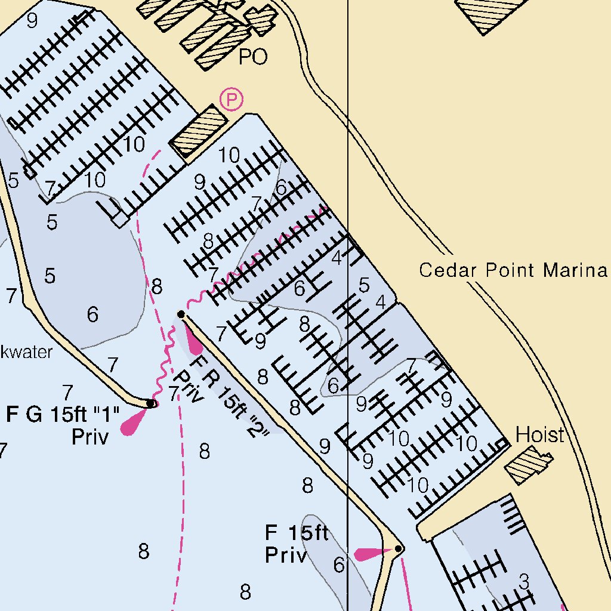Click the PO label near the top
253,57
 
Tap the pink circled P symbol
231,100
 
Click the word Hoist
539,435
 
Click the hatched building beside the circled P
198,129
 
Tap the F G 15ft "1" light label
63,414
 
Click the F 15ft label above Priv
297,532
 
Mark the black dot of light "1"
151,404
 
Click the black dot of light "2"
181,314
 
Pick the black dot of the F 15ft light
399,548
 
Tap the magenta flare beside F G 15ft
132,424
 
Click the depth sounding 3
524,580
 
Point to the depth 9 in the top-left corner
32,21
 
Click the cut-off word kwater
26,352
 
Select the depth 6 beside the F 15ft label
339,564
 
